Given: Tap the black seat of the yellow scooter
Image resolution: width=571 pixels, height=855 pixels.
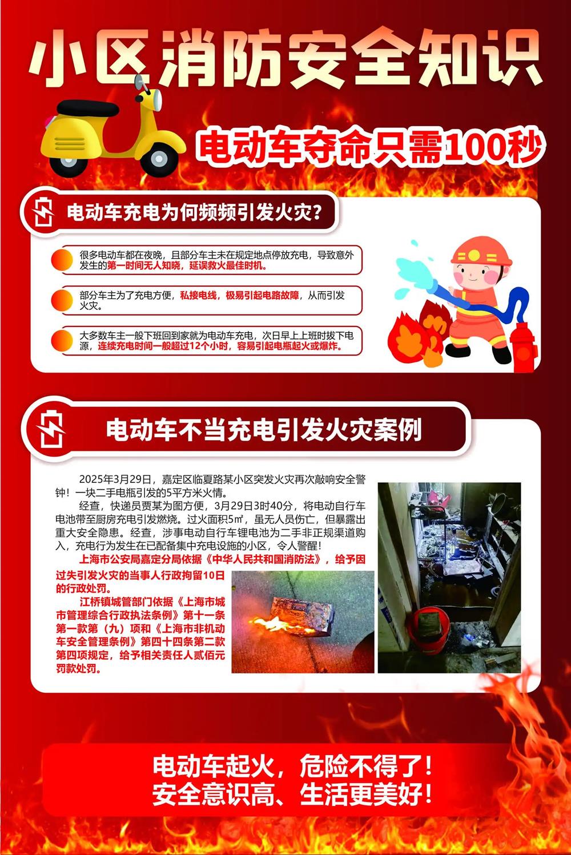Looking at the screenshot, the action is (89, 108).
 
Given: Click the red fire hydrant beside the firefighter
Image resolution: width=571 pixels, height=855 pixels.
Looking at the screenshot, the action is (524, 346).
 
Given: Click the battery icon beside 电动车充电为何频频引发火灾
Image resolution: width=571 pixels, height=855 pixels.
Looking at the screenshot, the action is (43, 211).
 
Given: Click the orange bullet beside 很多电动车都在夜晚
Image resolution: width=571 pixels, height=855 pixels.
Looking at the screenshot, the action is (62, 260).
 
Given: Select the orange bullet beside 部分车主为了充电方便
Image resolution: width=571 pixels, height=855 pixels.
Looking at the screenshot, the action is (62, 300).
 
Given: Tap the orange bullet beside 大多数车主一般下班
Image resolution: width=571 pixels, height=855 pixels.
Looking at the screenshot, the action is (62, 341).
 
